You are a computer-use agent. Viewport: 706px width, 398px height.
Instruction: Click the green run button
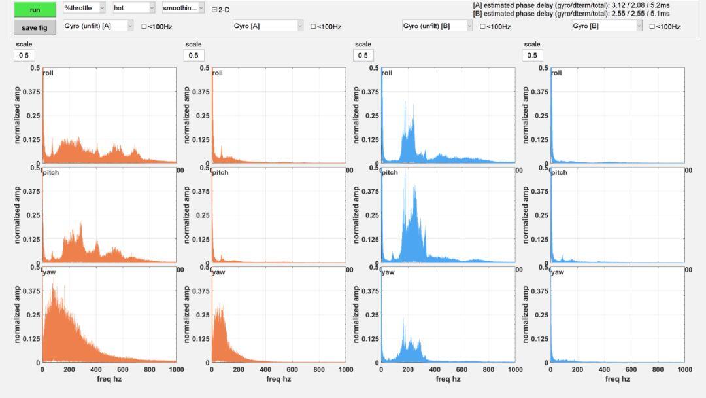coord(35,10)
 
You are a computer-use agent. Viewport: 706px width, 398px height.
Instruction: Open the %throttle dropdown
coord(84,9)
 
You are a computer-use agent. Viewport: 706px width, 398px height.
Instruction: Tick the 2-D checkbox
coord(214,10)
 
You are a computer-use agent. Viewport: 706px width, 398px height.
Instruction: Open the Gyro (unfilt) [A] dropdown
coord(99,26)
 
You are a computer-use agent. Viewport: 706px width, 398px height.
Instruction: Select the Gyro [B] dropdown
coord(606,26)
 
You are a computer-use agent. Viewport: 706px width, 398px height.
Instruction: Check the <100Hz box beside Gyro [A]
coord(313,27)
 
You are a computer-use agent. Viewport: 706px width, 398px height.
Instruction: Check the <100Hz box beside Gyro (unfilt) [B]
coord(482,27)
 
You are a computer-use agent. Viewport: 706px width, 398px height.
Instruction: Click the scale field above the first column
coord(24,56)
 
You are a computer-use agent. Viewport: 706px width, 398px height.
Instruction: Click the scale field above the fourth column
coord(532,56)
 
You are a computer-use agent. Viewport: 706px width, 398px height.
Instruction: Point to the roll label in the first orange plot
coord(48,73)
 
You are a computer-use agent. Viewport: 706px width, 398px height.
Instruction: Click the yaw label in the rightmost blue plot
coord(557,272)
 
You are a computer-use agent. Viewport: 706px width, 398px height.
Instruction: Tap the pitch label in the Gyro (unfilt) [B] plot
coord(389,173)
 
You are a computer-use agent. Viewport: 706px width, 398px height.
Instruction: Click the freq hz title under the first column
coord(108,379)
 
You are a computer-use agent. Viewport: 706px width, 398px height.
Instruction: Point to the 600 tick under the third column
coord(462,370)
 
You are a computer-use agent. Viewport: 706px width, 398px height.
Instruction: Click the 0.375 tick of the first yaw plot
coord(31,291)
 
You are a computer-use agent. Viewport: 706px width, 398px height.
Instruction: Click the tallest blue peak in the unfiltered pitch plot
coord(405,172)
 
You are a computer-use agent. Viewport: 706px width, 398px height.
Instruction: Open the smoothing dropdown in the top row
coord(183,9)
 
